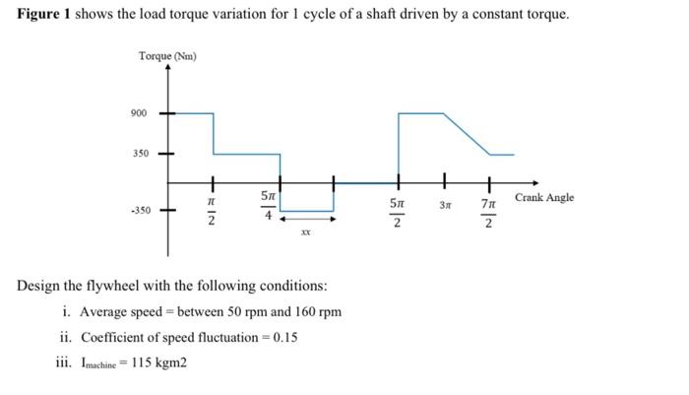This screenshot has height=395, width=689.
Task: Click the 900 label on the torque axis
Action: tap(139, 113)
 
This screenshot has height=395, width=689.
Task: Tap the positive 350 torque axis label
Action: tap(139, 155)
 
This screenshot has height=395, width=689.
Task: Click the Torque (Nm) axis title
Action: tap(167, 55)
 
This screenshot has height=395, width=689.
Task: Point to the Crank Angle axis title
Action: tap(544, 197)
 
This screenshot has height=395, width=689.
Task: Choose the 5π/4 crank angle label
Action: tap(267, 206)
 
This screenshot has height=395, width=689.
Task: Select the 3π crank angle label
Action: tap(445, 205)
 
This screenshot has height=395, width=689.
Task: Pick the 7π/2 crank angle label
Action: tap(489, 213)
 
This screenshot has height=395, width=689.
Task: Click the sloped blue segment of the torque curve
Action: tap(469, 134)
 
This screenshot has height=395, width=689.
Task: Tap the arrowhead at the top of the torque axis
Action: tap(172, 67)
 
